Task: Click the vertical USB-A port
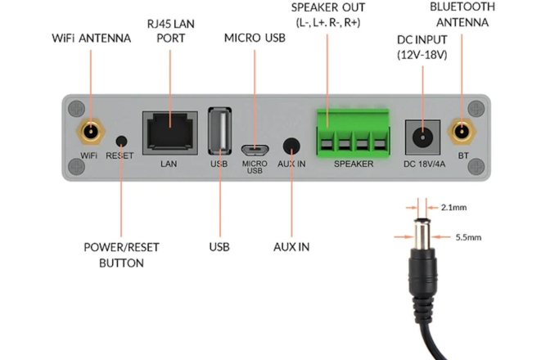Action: click(219, 130)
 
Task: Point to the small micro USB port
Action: click(255, 149)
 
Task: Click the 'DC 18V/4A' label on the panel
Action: click(426, 164)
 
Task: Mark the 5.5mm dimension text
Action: click(469, 237)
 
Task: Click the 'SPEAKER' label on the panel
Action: click(354, 164)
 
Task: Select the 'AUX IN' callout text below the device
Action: click(291, 246)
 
